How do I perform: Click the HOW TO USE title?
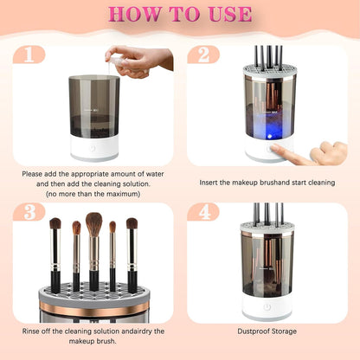pyautogui.click(x=180, y=15)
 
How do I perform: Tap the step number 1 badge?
pyautogui.click(x=29, y=55)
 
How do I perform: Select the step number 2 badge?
pyautogui.click(x=203, y=55)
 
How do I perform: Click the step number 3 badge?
pyautogui.click(x=29, y=211)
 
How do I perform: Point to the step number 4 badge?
pyautogui.click(x=203, y=211)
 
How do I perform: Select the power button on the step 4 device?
pyautogui.click(x=267, y=306)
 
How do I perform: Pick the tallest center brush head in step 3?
pyautogui.click(x=93, y=224)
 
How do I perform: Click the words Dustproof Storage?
pyautogui.click(x=267, y=331)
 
